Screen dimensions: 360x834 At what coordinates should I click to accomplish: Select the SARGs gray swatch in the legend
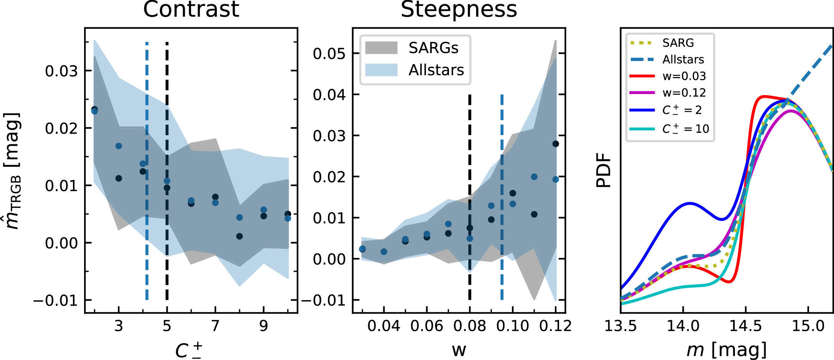(381, 48)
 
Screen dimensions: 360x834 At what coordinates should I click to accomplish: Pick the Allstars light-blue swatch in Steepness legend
(381, 70)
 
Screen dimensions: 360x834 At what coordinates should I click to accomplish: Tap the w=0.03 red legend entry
(668, 76)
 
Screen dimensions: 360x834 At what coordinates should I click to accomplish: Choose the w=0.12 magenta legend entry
(668, 92)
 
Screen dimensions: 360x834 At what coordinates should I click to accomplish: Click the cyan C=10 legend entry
(668, 129)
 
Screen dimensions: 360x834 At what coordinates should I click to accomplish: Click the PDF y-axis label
(603, 170)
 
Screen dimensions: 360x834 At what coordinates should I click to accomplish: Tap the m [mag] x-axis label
(726, 350)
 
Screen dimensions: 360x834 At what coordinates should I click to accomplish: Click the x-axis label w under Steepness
(459, 350)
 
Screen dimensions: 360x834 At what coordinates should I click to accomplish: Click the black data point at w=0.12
(555, 144)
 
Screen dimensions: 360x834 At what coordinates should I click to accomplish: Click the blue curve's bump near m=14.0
(690, 203)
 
